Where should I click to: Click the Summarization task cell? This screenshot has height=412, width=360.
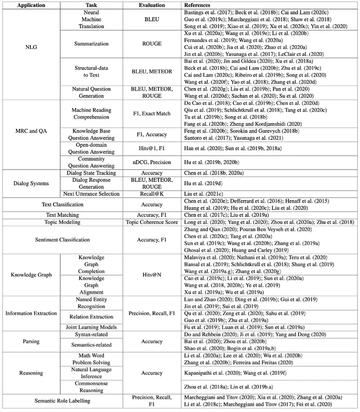click(91, 44)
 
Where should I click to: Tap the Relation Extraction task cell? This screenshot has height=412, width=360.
click(91, 317)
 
